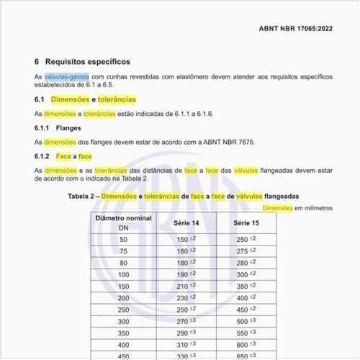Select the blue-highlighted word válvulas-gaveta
pos(66,76)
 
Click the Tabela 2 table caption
pos(184,196)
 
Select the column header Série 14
pos(186,222)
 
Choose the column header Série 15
pos(246,222)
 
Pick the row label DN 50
pos(123,239)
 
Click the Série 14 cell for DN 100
pos(186,274)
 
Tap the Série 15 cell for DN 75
pos(246,251)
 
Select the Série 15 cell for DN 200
pos(246,297)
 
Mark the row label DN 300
pos(123,321)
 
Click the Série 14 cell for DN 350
pos(186,333)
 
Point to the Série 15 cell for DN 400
pos(246,344)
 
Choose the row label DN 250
pos(123,309)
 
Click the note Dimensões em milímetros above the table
pos(297,208)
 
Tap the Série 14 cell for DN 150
pos(186,286)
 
